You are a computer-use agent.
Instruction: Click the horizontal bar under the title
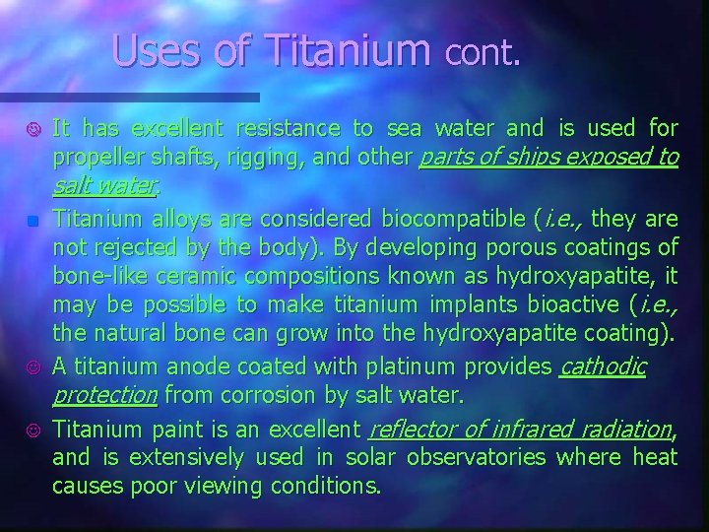(x=130, y=98)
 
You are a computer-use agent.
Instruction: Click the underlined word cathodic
(x=602, y=367)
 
